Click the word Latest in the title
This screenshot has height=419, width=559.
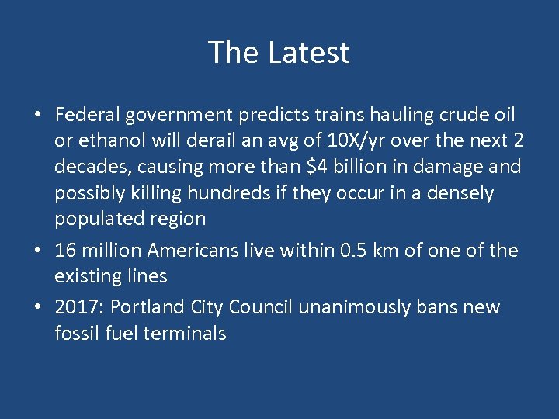click(x=309, y=53)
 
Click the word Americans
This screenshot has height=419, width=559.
click(x=193, y=250)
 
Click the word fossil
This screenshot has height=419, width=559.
click(x=76, y=334)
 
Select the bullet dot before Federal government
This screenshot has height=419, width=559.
click(x=37, y=116)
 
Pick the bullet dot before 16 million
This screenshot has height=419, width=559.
click(x=37, y=251)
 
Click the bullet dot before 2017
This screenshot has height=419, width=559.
click(x=37, y=308)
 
